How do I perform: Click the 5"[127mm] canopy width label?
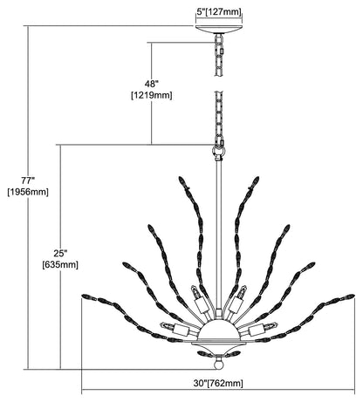tap(219, 12)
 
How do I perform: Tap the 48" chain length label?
tap(152, 84)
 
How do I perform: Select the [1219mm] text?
tap(152, 95)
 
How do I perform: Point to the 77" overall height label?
tap(28, 181)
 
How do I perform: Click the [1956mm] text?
tap(28, 192)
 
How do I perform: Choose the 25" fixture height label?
tap(60, 254)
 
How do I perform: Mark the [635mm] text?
tap(60, 265)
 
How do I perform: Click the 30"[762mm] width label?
tap(218, 383)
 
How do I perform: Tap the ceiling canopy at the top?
tap(219, 30)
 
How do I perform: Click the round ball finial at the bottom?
tap(218, 364)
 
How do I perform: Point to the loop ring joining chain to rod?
tap(218, 152)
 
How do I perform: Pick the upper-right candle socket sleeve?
tap(235, 304)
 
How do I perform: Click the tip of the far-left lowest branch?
tap(83, 296)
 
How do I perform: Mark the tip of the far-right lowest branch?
tap(354, 296)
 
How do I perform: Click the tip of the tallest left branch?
tap(180, 176)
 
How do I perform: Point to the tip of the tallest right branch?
tap(257, 177)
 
